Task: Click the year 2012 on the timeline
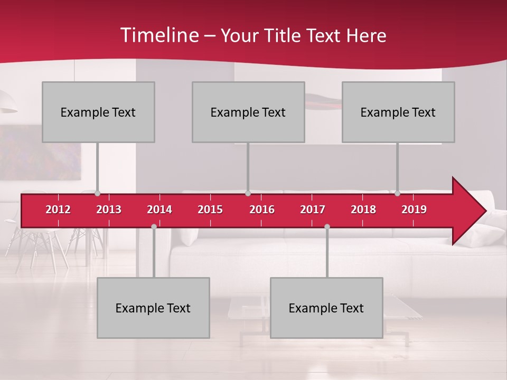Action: click(x=58, y=210)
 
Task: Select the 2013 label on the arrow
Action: click(x=109, y=210)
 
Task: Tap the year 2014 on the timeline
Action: click(x=159, y=210)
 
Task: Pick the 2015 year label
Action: click(x=210, y=210)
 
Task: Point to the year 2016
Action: click(x=262, y=210)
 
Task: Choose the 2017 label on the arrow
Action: click(x=313, y=210)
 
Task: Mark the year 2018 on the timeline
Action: click(x=363, y=210)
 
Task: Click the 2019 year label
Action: click(x=414, y=210)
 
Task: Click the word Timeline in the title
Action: click(x=158, y=35)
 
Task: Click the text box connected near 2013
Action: click(x=98, y=112)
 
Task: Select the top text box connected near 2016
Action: click(x=248, y=112)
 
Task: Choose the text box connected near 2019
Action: click(x=398, y=112)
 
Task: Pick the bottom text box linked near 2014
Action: click(x=153, y=308)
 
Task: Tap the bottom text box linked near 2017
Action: click(x=326, y=308)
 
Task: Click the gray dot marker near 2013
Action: click(x=98, y=194)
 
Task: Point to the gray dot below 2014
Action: click(x=154, y=227)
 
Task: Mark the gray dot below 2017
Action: click(x=327, y=227)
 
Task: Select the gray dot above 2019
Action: click(x=397, y=194)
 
